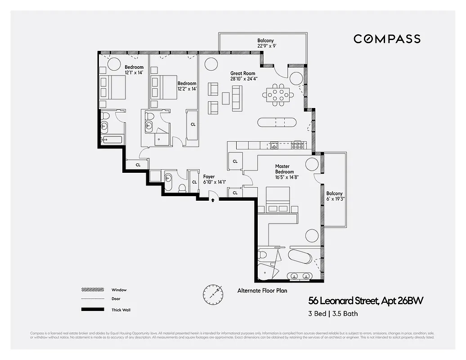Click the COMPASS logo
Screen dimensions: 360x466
(x=387, y=39)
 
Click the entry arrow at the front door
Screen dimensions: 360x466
(x=213, y=200)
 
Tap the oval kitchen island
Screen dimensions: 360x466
(x=277, y=122)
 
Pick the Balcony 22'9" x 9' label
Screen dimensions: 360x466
(x=265, y=43)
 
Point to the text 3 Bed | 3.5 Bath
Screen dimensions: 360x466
(x=333, y=314)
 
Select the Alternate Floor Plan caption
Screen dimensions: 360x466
(x=262, y=291)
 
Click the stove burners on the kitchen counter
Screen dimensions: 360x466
(x=297, y=145)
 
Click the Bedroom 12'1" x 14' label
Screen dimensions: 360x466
(x=134, y=70)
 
